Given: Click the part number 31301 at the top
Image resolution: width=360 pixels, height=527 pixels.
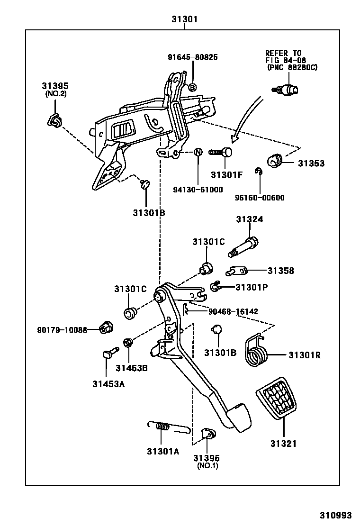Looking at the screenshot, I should click(184, 19).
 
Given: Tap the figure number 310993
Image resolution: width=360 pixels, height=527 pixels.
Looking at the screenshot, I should click(335, 515).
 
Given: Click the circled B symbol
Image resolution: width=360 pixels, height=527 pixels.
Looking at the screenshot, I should click(193, 87).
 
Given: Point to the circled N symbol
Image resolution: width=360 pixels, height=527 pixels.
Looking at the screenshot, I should click(198, 152).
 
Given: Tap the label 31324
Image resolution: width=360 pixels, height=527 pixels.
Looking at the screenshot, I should click(250, 219).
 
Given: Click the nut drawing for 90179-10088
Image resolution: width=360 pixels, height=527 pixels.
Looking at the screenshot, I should click(105, 328).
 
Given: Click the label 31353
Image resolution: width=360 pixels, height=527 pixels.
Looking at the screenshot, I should click(311, 164).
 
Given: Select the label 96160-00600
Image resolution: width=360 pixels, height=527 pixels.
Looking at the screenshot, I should click(260, 198).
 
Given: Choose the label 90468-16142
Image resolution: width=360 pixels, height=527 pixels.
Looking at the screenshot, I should click(234, 311).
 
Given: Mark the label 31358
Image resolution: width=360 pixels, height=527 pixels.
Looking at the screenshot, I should click(280, 271).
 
